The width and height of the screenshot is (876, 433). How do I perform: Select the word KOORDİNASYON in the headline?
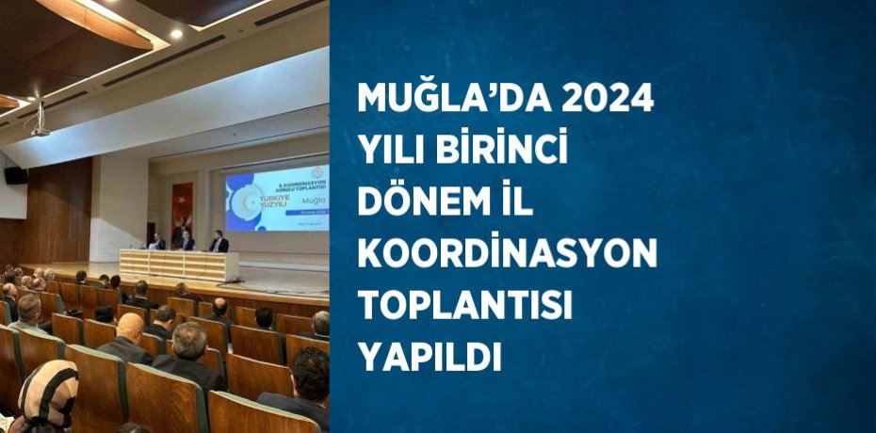tap(506, 255)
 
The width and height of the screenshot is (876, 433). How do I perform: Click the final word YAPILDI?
tap(429, 358)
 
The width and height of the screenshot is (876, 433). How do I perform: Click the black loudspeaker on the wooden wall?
tap(16, 175)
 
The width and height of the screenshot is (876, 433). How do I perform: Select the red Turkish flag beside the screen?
tap(182, 213)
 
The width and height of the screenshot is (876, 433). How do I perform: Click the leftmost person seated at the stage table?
tap(158, 242)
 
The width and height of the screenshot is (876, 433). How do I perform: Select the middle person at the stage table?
tap(187, 242)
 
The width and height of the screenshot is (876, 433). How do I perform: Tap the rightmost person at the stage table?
tap(219, 243)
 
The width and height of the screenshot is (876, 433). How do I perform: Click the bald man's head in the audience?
tap(131, 326)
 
